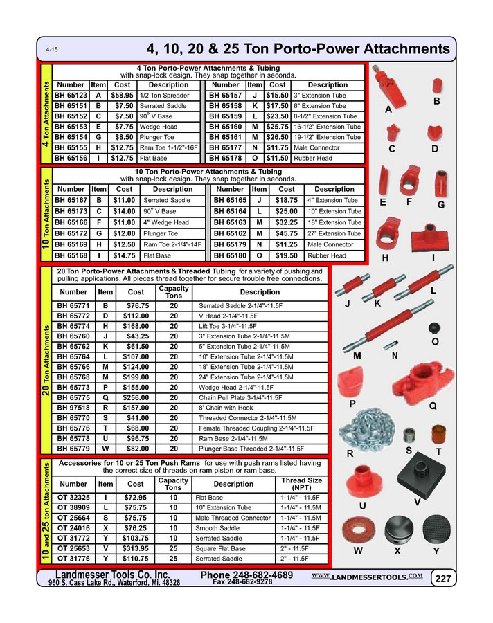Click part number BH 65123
[x=71, y=95]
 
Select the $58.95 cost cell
[x=122, y=95]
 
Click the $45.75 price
[x=285, y=233]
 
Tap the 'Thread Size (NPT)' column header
[x=301, y=484]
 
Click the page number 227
[x=442, y=578]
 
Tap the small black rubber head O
[x=435, y=327]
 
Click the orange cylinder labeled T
[x=438, y=435]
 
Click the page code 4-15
[x=52, y=51]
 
